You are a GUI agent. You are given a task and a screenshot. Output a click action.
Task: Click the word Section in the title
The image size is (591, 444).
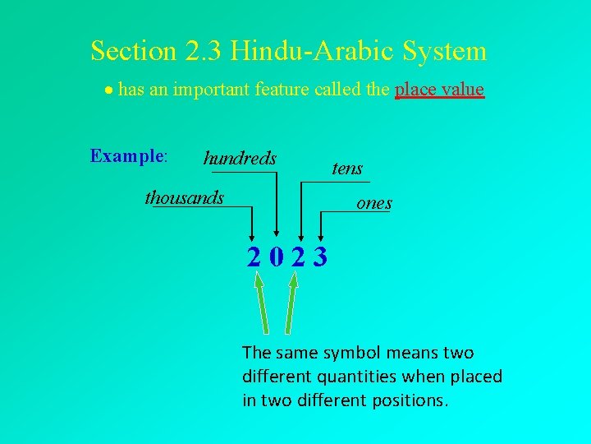(131, 51)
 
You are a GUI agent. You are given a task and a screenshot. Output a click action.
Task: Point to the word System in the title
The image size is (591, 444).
(444, 51)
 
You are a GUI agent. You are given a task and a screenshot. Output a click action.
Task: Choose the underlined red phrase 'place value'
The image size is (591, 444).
(439, 89)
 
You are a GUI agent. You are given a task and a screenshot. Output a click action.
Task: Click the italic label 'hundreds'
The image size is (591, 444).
(240, 158)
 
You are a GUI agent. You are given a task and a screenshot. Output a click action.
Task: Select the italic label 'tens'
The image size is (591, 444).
(347, 169)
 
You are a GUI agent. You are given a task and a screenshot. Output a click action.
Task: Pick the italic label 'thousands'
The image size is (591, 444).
(184, 197)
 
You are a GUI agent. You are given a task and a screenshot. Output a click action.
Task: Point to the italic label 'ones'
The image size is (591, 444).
(374, 203)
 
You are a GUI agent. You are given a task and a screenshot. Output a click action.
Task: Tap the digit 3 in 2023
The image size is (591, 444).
(319, 257)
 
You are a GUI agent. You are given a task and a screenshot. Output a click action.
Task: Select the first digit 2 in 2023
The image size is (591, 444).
(256, 257)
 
